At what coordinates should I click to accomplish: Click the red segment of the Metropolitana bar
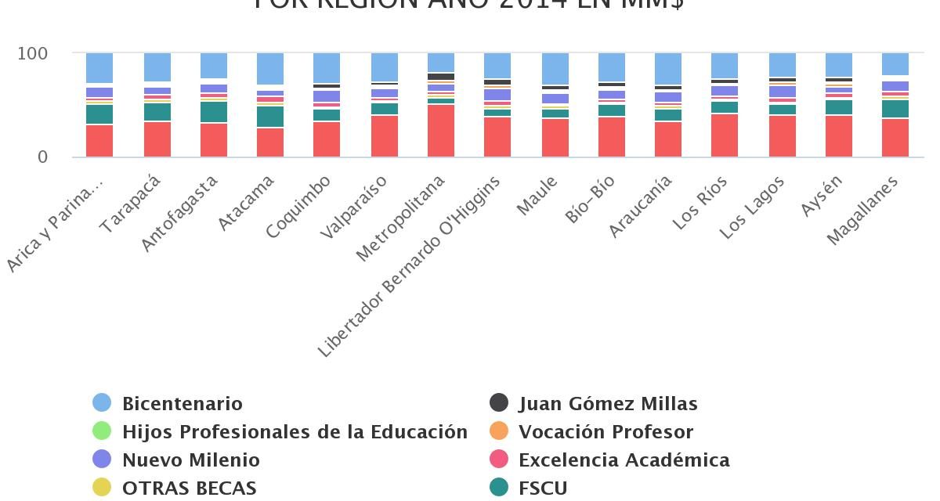(x=441, y=131)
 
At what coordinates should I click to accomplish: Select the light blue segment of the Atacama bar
(x=270, y=68)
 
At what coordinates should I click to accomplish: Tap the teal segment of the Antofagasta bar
(x=214, y=112)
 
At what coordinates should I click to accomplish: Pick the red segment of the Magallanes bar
(x=895, y=138)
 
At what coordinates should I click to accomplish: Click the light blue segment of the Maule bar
(x=555, y=68)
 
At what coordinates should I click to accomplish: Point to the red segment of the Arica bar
(x=99, y=141)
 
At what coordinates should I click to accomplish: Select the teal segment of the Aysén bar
(x=839, y=107)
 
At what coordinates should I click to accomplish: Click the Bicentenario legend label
(x=183, y=404)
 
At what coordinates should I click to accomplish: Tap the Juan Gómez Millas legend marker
(x=499, y=403)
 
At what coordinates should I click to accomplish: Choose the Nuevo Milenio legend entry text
(x=191, y=460)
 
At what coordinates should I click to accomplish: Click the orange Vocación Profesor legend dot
(x=499, y=431)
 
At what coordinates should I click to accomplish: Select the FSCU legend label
(x=543, y=488)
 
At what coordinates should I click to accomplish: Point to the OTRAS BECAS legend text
(x=190, y=488)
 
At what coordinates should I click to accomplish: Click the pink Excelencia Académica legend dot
(x=499, y=460)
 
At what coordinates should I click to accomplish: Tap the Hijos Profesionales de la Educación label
(x=295, y=432)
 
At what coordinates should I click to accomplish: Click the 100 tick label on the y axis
(x=32, y=54)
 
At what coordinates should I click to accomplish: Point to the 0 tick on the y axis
(x=42, y=157)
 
